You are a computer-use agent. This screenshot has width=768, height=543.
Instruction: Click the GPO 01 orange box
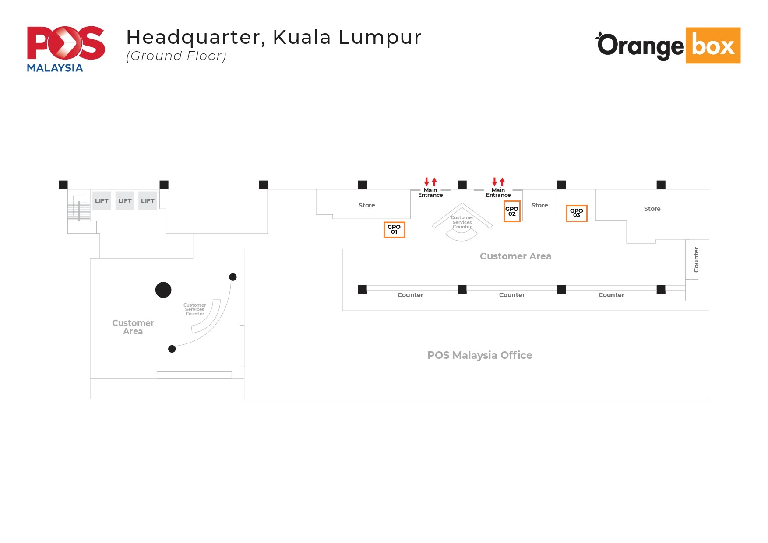point(394,230)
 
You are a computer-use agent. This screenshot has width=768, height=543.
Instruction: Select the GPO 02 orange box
point(512,211)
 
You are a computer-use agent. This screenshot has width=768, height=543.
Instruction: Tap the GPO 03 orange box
point(576,213)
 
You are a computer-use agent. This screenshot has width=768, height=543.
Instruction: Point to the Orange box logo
point(668,46)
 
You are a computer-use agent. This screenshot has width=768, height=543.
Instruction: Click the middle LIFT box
point(125,201)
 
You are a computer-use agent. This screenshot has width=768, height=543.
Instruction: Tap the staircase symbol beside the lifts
point(79,209)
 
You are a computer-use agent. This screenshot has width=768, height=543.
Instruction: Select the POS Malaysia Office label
point(479,355)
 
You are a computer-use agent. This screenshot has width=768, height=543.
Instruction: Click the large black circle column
point(163,290)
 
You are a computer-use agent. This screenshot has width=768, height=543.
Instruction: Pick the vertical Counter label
point(696,259)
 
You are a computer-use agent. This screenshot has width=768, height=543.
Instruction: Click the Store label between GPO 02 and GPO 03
point(539,205)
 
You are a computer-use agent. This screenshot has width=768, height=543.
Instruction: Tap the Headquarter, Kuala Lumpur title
point(274,37)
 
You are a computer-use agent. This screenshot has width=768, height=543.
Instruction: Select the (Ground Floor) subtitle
point(176,56)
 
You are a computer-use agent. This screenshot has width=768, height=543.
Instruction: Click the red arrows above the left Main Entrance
point(430,182)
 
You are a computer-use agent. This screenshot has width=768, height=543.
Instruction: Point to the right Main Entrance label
point(498,193)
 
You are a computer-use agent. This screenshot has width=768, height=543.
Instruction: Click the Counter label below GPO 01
point(410,295)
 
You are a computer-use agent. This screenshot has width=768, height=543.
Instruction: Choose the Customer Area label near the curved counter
point(133,327)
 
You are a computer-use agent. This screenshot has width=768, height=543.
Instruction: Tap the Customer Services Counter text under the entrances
point(462,222)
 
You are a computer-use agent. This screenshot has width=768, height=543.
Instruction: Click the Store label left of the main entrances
point(366,205)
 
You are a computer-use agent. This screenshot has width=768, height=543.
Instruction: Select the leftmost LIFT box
point(102,201)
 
